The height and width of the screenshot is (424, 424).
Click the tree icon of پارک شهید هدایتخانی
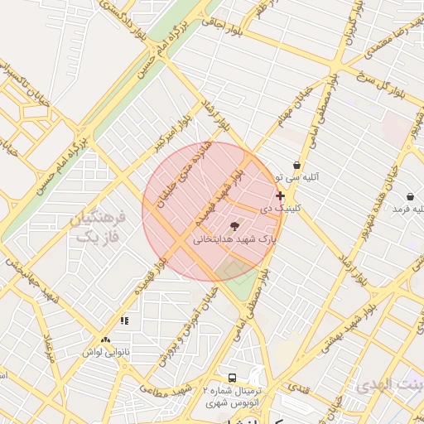tap(235, 226)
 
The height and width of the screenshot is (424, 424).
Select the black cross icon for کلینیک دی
tap(280, 196)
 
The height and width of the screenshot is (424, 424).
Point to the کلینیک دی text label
tap(277, 209)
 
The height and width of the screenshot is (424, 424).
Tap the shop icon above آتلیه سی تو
tap(296, 166)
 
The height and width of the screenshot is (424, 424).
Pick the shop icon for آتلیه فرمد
tap(411, 196)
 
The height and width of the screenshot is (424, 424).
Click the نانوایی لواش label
tap(105, 351)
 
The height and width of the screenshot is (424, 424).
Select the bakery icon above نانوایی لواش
tap(105, 340)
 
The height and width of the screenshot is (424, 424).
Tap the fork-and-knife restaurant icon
tap(124, 320)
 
